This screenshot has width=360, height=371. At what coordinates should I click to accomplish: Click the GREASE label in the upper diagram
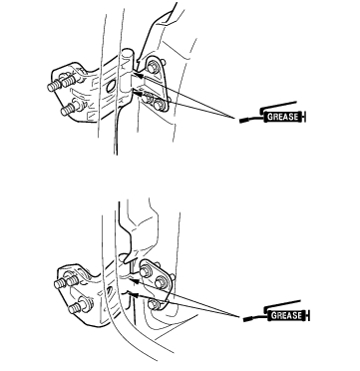[283, 117]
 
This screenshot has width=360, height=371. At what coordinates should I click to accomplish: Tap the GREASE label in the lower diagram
[286, 315]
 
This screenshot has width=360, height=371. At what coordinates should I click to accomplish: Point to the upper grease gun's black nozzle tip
[243, 121]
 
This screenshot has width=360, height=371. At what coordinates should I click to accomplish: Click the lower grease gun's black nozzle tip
[247, 319]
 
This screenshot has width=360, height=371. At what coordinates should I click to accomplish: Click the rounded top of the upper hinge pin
[127, 52]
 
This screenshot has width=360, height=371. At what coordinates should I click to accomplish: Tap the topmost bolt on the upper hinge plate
[152, 68]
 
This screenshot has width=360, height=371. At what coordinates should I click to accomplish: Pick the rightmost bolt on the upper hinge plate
[159, 105]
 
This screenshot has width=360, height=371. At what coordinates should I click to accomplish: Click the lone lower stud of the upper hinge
[70, 109]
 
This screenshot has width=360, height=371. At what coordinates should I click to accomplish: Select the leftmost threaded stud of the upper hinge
[55, 86]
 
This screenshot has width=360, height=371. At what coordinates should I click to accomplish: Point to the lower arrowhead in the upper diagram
[137, 90]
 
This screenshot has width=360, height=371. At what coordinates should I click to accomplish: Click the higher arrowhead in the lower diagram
[133, 281]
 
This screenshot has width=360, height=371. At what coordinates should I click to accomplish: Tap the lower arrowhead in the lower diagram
[134, 294]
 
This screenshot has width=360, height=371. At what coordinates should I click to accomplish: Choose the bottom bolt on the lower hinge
[153, 304]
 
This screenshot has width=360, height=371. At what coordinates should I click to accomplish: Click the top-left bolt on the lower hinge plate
[146, 271]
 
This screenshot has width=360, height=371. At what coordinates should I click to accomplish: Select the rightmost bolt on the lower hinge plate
[161, 282]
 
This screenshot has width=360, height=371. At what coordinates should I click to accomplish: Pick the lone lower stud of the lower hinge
[77, 307]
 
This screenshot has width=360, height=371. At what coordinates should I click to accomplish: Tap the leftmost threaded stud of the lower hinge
[61, 283]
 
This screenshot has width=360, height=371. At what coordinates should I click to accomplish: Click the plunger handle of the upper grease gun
[304, 117]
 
